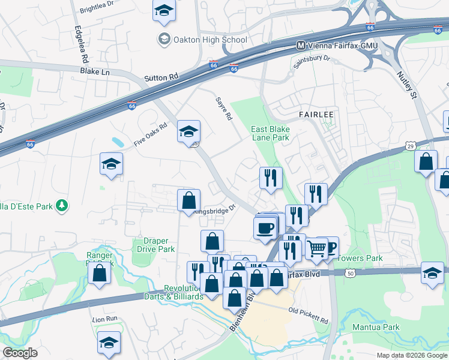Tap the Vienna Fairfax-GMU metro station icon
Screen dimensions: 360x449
pos(302,46)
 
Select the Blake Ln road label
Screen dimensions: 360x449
pos(95,71)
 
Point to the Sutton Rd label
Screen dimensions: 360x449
pos(161,77)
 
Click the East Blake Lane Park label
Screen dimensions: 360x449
pos(270,133)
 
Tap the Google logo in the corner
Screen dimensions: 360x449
pos(20,353)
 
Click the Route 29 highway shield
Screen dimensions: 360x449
pos(409,146)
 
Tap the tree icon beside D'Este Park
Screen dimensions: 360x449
pos(61,206)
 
